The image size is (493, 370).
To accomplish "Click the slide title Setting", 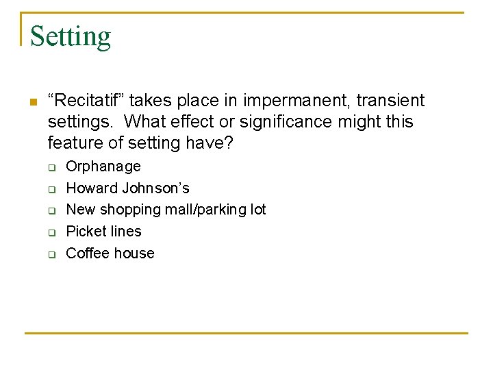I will [71, 36].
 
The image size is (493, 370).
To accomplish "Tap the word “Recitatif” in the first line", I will [86, 101].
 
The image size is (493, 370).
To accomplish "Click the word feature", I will [75, 143].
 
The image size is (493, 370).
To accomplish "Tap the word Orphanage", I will [103, 166].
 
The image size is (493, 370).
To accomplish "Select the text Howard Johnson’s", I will [127, 188].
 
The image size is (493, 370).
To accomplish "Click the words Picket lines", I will [103, 231].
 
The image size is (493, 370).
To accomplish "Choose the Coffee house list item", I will [110, 253].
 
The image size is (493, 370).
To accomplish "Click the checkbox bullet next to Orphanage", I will [51, 167].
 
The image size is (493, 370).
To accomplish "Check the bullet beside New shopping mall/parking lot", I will [51, 210].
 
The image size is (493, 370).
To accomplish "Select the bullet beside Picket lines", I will [51, 232].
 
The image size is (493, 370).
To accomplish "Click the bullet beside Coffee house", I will [51, 254].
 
